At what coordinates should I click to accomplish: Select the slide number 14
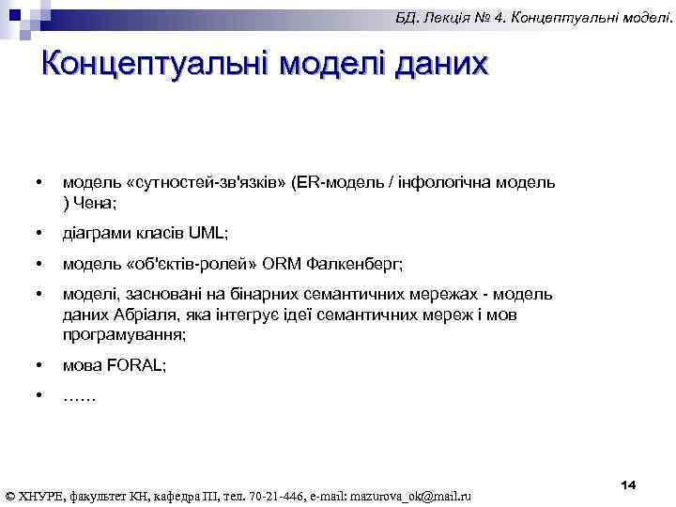[x=628, y=484]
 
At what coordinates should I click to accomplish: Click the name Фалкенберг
[x=365, y=264]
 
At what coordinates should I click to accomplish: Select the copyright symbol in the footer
[x=10, y=495]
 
